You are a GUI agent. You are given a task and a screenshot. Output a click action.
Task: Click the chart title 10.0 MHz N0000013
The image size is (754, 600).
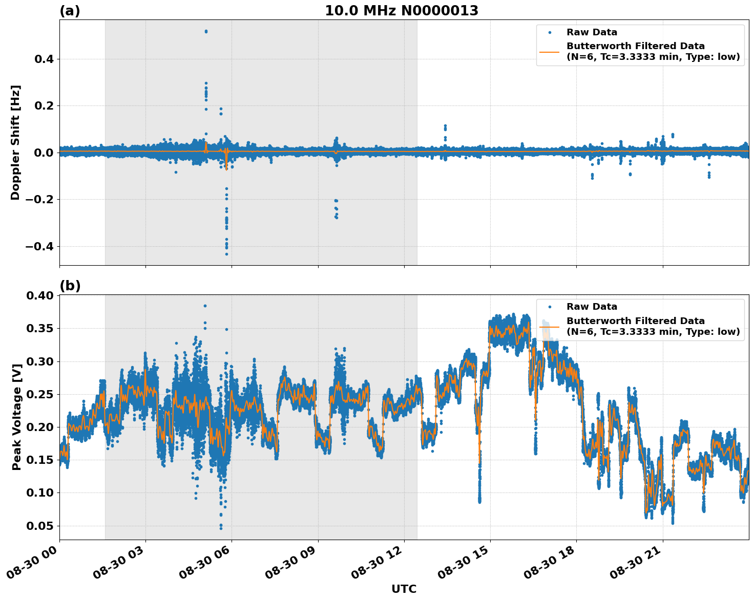(x=401, y=11)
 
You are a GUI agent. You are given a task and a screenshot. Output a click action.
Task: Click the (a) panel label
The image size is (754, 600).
(x=70, y=11)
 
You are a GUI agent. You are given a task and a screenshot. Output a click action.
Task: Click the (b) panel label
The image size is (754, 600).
(x=70, y=286)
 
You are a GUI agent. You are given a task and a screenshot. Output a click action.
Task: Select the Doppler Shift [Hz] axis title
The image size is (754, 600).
(x=15, y=142)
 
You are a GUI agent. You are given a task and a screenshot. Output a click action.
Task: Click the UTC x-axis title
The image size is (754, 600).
(x=404, y=589)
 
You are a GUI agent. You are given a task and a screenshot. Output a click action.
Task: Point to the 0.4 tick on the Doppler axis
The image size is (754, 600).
(x=44, y=59)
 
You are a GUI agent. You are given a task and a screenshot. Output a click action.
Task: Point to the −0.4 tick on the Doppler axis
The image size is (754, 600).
(x=40, y=246)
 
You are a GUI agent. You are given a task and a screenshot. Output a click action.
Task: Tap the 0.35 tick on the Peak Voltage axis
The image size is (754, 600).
(x=40, y=328)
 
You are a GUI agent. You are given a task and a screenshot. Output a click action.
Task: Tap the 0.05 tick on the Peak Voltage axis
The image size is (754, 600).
(x=40, y=526)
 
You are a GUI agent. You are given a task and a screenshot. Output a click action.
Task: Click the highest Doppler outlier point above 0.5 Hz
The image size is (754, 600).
(x=206, y=31)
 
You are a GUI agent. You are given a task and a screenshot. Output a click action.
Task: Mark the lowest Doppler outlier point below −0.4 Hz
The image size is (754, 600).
(x=226, y=254)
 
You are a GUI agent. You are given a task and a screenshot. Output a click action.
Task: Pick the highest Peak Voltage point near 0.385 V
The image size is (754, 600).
(x=205, y=306)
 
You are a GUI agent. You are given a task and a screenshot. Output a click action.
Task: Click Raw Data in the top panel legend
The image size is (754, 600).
(x=592, y=33)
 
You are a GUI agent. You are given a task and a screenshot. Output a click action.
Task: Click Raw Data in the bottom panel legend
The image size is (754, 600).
(x=592, y=307)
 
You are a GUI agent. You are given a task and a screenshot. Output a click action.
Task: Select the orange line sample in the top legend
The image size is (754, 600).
(x=550, y=51)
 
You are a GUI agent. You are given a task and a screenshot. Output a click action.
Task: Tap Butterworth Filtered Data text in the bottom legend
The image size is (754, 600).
(x=635, y=321)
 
